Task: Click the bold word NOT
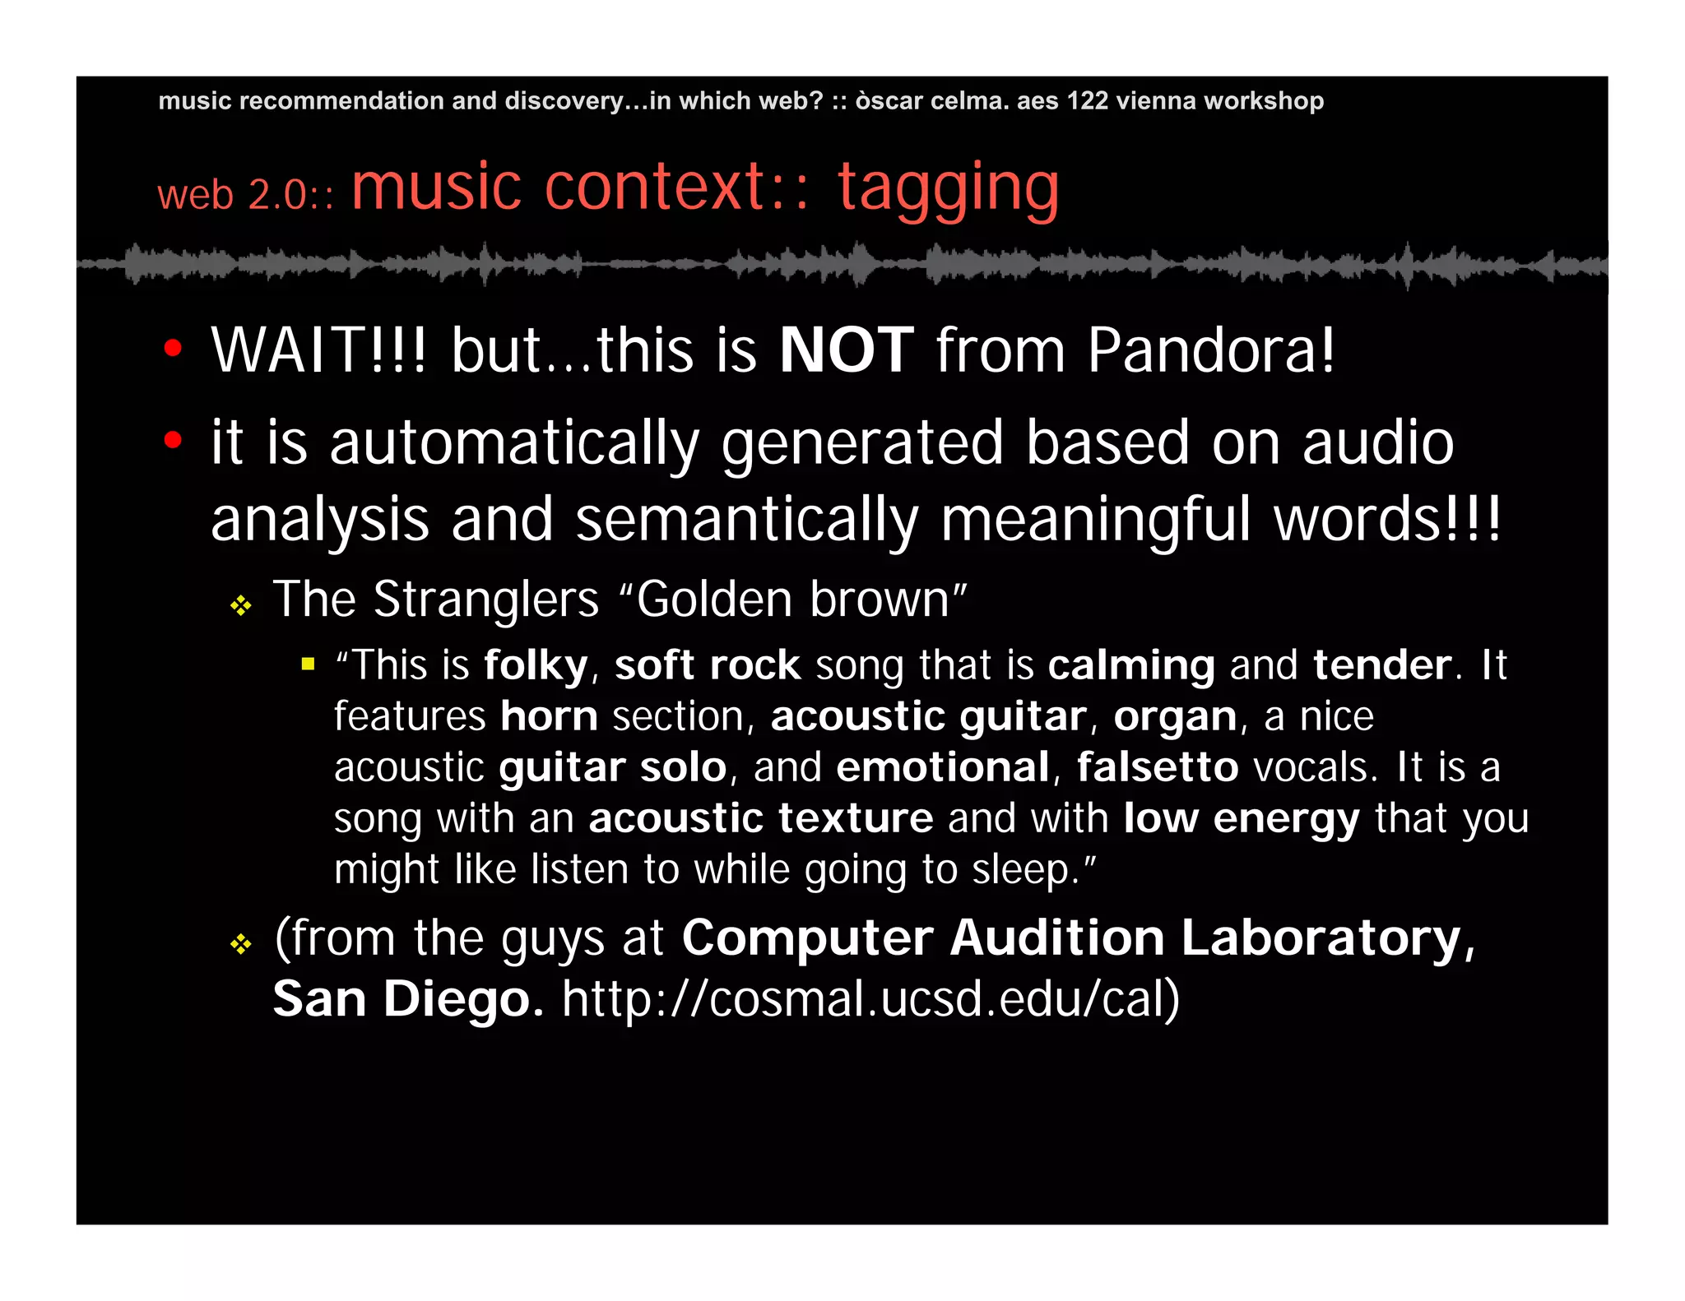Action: [x=846, y=350]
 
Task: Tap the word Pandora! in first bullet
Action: [x=1210, y=350]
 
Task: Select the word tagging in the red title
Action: [x=948, y=189]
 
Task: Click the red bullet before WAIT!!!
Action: [x=172, y=348]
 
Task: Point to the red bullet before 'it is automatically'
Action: [x=172, y=440]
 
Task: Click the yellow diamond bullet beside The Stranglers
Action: [x=240, y=606]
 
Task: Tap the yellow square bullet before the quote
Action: [x=309, y=664]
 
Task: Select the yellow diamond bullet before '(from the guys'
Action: [x=240, y=943]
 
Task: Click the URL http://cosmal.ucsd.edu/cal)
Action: [x=870, y=999]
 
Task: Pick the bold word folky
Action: [x=536, y=664]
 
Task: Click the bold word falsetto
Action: [x=1157, y=767]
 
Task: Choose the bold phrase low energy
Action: [x=1241, y=819]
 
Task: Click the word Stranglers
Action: [x=485, y=599]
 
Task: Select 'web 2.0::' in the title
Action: [x=245, y=196]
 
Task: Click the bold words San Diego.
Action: [x=407, y=999]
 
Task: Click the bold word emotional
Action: [x=943, y=767]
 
